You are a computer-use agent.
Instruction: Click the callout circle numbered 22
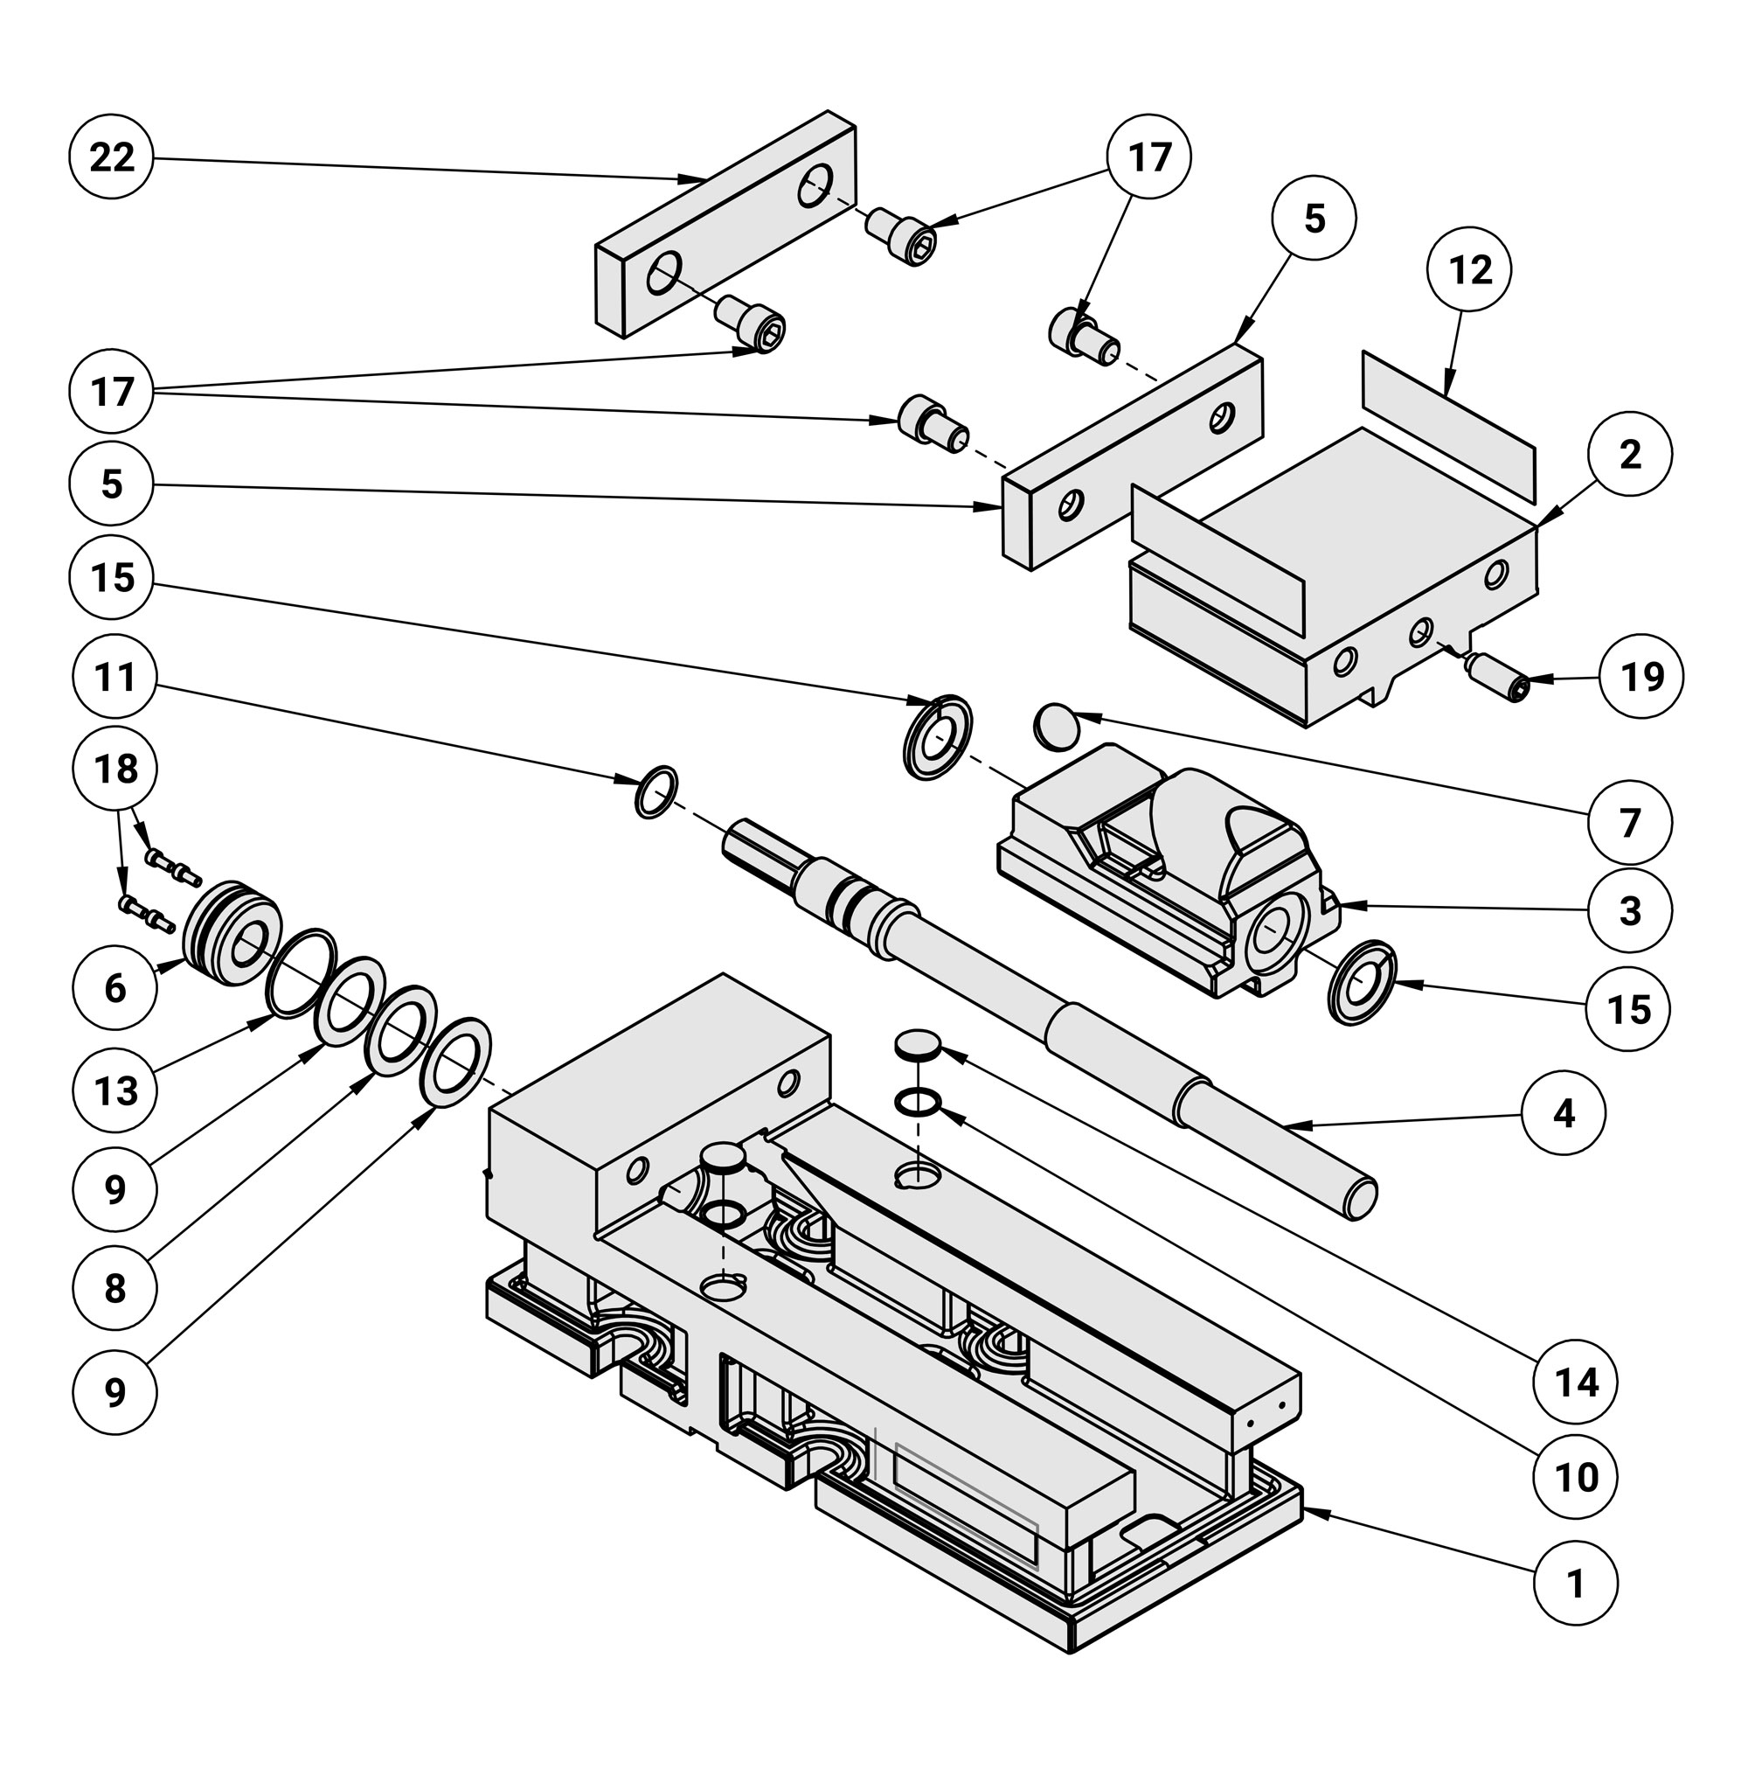(x=111, y=157)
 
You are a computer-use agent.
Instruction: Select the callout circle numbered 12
(x=1469, y=269)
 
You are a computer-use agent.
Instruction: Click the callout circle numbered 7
(x=1629, y=823)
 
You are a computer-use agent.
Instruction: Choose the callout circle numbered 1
(x=1575, y=1583)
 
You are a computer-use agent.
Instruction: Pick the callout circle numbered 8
(x=114, y=1289)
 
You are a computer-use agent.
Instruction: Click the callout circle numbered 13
(x=114, y=1090)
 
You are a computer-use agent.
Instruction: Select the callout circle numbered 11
(x=114, y=678)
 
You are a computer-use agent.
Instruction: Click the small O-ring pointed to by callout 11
(x=655, y=792)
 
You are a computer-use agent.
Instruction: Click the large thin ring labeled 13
(x=300, y=972)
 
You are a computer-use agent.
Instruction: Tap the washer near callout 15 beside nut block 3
(x=1362, y=981)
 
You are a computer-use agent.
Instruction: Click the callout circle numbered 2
(x=1629, y=455)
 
